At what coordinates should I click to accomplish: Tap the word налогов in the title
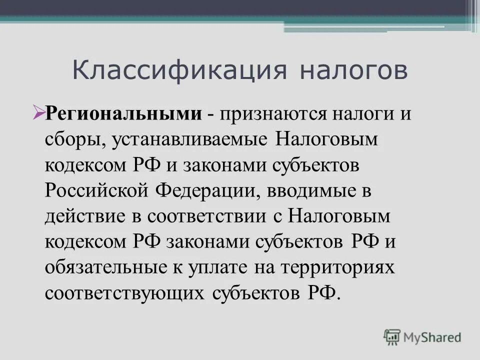click(353, 70)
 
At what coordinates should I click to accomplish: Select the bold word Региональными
click(124, 113)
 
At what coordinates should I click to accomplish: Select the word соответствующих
click(124, 292)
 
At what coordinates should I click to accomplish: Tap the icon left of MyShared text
click(392, 336)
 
